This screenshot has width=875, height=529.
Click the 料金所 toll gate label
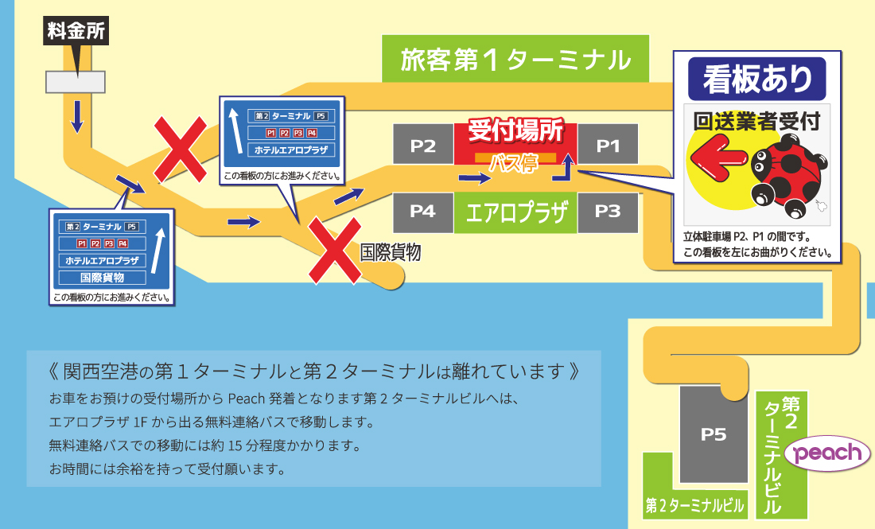tap(76, 31)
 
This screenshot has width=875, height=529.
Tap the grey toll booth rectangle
tap(76, 82)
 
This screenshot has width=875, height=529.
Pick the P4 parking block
tap(423, 212)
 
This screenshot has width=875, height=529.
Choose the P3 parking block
tap(608, 212)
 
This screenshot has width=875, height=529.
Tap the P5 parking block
tap(714, 434)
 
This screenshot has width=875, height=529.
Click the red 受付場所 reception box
tap(515, 144)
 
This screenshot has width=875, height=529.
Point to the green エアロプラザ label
tap(515, 212)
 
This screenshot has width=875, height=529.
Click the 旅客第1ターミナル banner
tap(515, 59)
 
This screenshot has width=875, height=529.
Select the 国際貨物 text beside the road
tap(390, 252)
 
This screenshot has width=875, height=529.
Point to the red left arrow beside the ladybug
tap(718, 160)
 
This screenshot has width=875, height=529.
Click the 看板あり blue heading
tap(756, 79)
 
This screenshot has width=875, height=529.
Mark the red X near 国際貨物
tap(335, 251)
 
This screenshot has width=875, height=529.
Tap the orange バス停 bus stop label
tap(515, 161)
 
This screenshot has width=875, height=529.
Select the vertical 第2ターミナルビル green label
tap(781, 454)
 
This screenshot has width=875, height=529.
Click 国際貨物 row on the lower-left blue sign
tap(102, 278)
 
